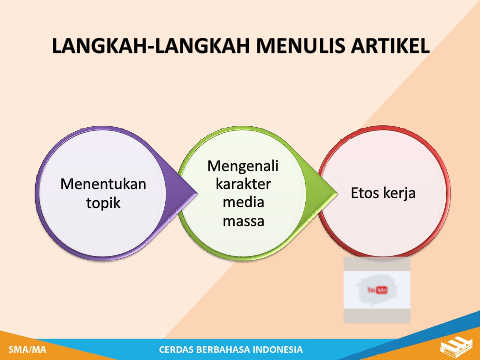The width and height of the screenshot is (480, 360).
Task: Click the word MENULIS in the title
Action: pyautogui.click(x=301, y=46)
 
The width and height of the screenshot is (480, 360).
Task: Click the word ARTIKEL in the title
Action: pyautogui.click(x=390, y=46)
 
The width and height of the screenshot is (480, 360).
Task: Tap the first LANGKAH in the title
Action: pyautogui.click(x=99, y=46)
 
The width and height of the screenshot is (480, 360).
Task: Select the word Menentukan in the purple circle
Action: pyautogui.click(x=103, y=184)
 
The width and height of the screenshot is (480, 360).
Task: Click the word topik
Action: pyautogui.click(x=103, y=203)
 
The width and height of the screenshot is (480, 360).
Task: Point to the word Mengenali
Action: pyautogui.click(x=243, y=167)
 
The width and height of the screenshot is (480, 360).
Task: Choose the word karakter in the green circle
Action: pyautogui.click(x=243, y=184)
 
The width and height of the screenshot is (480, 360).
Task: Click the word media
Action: pyautogui.click(x=243, y=202)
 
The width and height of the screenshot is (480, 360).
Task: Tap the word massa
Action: pyautogui.click(x=243, y=221)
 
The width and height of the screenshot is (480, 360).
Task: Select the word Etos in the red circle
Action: pyautogui.click(x=365, y=193)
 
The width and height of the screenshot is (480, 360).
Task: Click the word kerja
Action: pyautogui.click(x=399, y=194)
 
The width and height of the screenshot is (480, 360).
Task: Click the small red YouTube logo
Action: pyautogui.click(x=378, y=290)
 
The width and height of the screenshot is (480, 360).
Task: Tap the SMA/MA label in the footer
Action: pyautogui.click(x=27, y=349)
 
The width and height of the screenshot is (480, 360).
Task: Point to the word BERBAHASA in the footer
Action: pyautogui.click(x=223, y=349)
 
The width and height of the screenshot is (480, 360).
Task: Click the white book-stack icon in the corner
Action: pyautogui.click(x=456, y=347)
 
